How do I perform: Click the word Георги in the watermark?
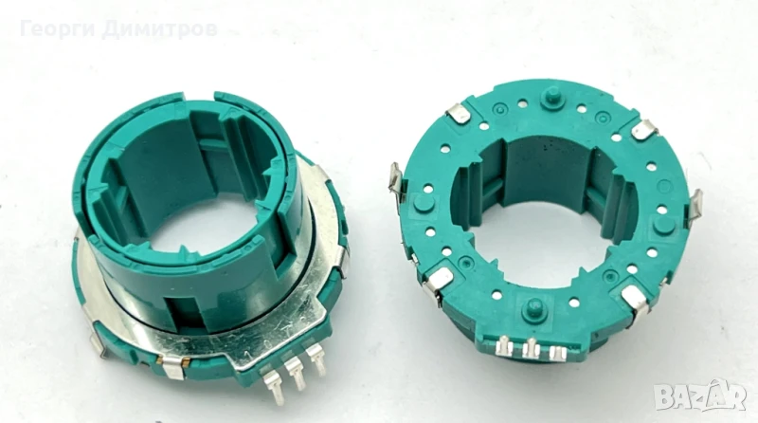tap(58, 29)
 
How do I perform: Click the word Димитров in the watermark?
tap(160, 29)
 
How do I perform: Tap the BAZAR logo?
tap(700, 395)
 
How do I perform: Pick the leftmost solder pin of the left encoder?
tap(273, 385)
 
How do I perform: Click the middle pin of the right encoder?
tap(532, 347)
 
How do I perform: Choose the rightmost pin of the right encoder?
tap(558, 352)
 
